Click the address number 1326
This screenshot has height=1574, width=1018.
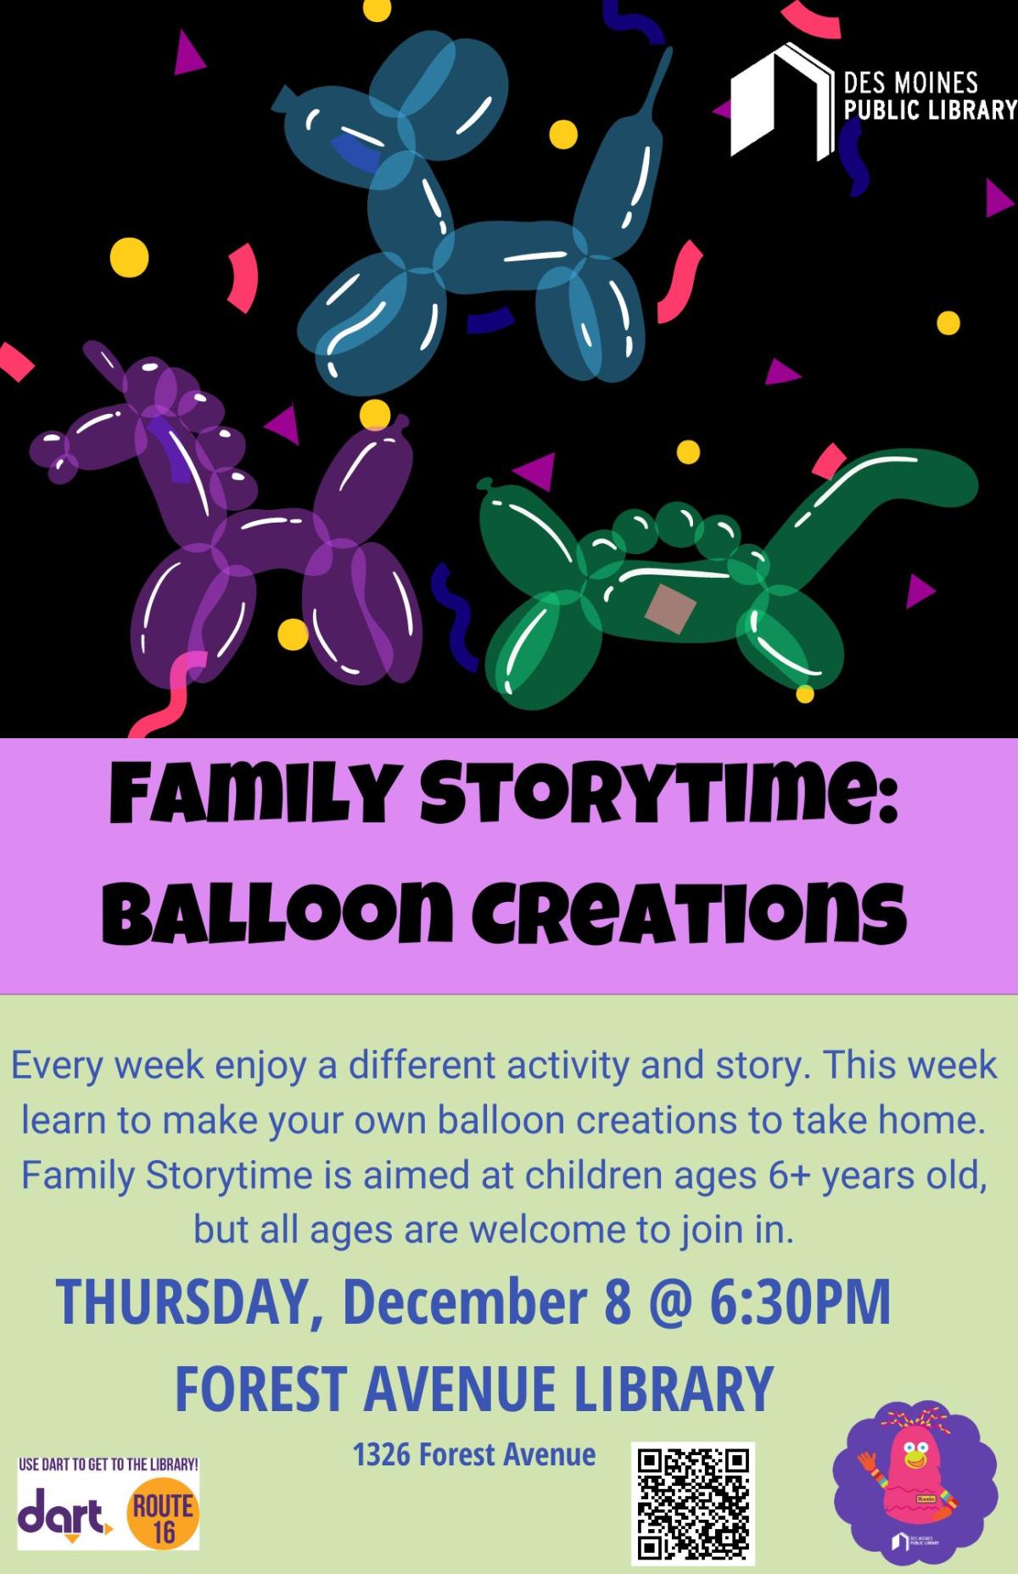click(x=382, y=1454)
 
